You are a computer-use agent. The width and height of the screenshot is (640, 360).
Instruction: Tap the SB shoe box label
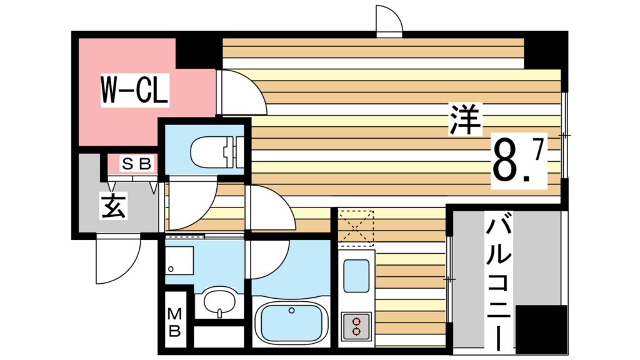pos(136,164)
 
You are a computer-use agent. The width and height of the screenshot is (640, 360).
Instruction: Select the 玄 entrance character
pos(114,206)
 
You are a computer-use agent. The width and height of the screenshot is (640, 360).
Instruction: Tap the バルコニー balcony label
pos(501,281)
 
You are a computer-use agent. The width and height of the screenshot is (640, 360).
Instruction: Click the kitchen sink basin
pos(356,275)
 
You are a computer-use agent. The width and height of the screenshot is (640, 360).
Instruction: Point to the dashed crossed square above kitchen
pos(356,227)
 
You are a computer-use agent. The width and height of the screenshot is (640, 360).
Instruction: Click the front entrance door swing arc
pos(117,262)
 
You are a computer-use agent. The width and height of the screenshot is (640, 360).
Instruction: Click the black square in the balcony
pos(541,329)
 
